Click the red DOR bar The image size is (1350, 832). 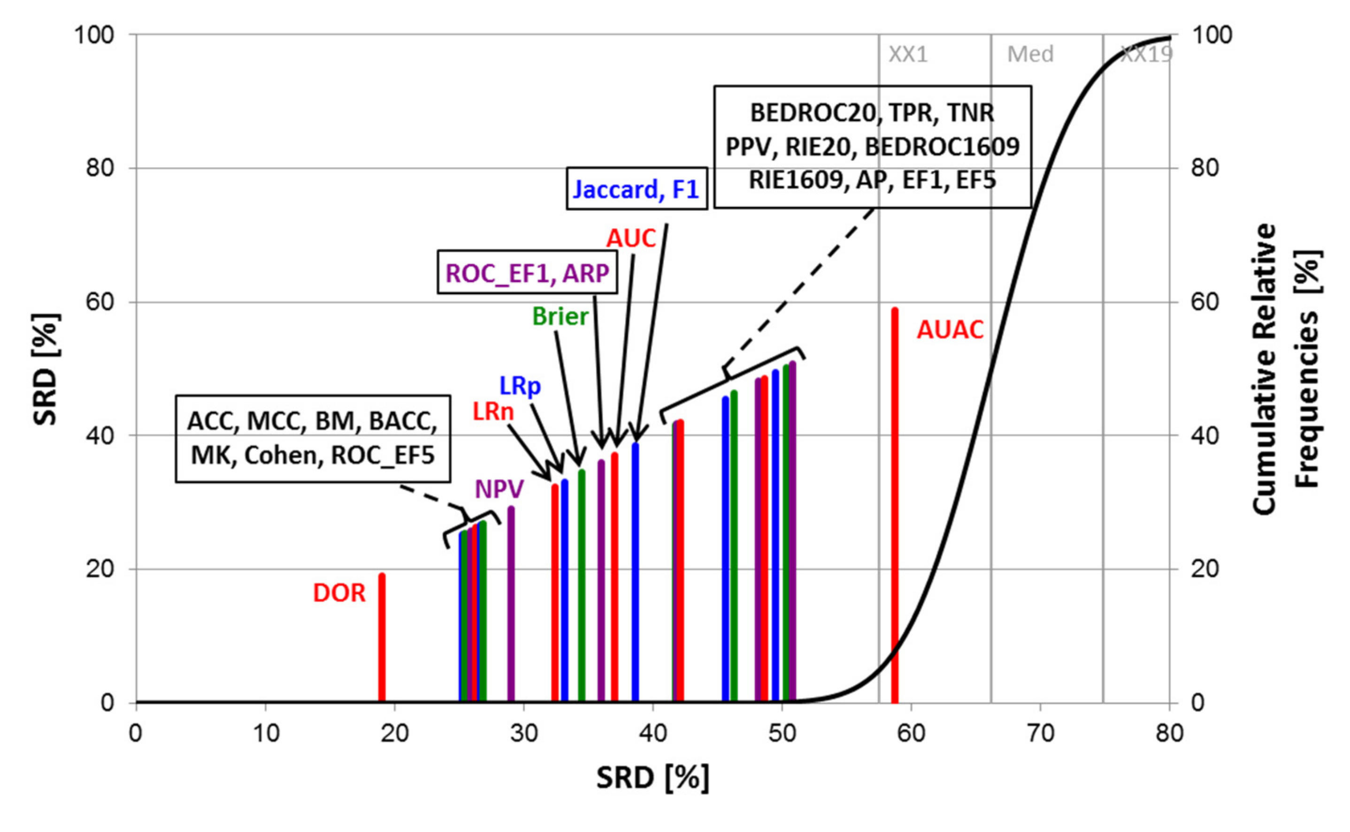pyautogui.click(x=382, y=638)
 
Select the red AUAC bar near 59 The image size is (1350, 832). pyautogui.click(x=895, y=506)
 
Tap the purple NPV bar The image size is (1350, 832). pyautogui.click(x=511, y=605)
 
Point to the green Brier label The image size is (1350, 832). pyautogui.click(x=560, y=317)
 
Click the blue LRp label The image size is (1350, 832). pyautogui.click(x=520, y=386)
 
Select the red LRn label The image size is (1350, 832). pyautogui.click(x=493, y=412)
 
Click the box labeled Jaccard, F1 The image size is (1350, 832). pyautogui.click(x=637, y=189)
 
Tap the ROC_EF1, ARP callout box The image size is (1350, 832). pyautogui.click(x=527, y=273)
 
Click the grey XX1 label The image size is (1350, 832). pyautogui.click(x=908, y=54)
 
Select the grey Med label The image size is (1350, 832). pyautogui.click(x=1030, y=54)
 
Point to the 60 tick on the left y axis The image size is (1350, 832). pyautogui.click(x=100, y=302)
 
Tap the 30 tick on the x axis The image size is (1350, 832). pyautogui.click(x=524, y=733)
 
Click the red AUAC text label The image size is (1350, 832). pyautogui.click(x=950, y=330)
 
